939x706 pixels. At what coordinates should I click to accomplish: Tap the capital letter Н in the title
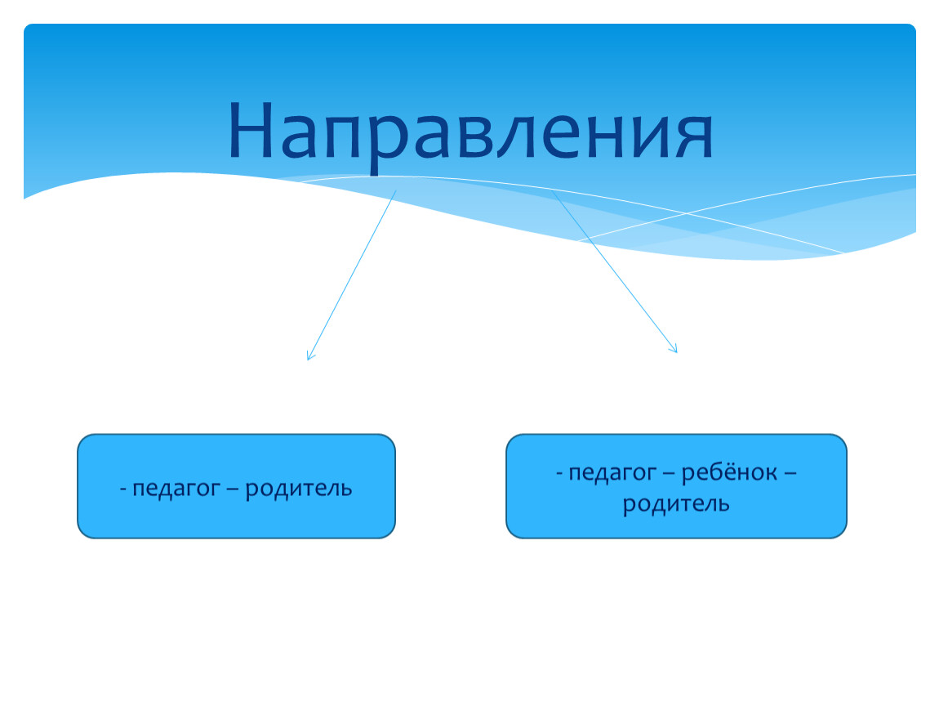click(252, 129)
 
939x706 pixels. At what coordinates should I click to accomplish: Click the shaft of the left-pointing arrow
click(352, 275)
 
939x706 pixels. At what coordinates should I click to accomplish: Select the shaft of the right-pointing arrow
click(614, 272)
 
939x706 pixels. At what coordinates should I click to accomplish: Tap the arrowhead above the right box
click(673, 348)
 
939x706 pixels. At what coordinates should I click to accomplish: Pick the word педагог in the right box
click(612, 474)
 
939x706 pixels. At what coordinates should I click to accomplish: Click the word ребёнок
click(729, 472)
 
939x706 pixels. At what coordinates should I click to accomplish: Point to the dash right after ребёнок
click(790, 473)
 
